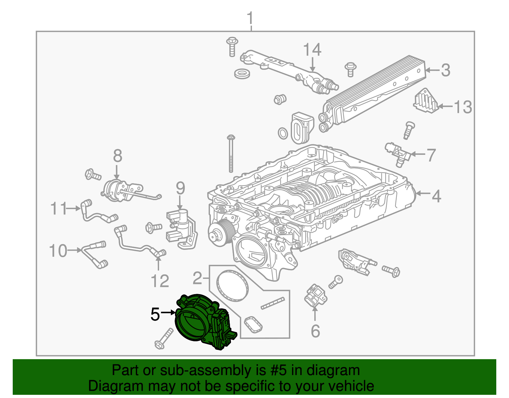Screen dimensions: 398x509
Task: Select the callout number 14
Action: [x=312, y=50]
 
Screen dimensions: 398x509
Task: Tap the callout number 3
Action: [x=445, y=70]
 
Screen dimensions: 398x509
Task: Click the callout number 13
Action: [x=463, y=107]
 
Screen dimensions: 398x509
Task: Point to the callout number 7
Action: [x=431, y=155]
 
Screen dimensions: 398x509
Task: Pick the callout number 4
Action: [x=436, y=196]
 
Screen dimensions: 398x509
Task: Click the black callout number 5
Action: [x=155, y=315]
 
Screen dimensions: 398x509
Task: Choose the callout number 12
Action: [x=160, y=281]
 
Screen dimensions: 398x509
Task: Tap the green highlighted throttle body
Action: [x=204, y=322]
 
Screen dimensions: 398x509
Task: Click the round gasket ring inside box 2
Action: [x=232, y=286]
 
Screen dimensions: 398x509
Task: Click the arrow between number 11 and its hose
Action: [x=74, y=208]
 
